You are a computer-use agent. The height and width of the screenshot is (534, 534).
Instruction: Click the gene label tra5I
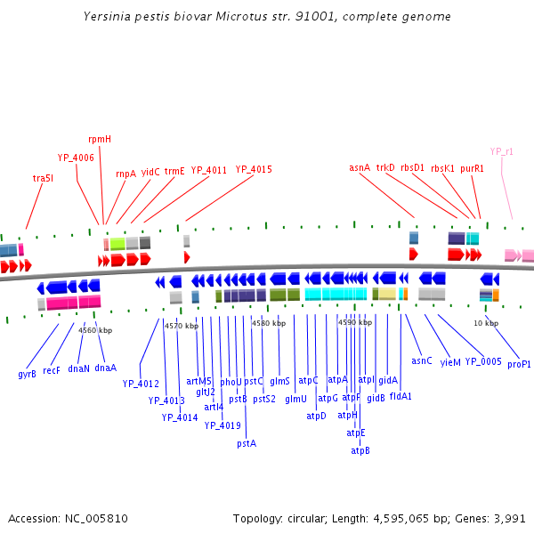click(x=43, y=178)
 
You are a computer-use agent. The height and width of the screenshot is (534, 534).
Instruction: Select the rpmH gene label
click(x=100, y=140)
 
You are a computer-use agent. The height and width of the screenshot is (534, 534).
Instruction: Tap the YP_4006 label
click(x=76, y=158)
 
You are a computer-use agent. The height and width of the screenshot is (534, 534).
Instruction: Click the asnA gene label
click(x=360, y=167)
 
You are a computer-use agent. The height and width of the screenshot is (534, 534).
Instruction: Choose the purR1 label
click(x=473, y=167)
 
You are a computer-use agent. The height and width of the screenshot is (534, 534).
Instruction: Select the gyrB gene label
click(x=27, y=374)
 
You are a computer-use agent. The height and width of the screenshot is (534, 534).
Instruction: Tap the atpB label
click(x=360, y=450)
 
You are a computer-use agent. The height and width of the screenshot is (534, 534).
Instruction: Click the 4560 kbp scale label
click(x=95, y=330)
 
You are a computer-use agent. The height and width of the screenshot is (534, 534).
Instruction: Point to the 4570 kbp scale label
click(x=180, y=327)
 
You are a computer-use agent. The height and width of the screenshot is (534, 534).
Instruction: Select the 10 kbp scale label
click(x=485, y=323)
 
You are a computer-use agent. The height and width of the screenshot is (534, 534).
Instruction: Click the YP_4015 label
click(x=254, y=169)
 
